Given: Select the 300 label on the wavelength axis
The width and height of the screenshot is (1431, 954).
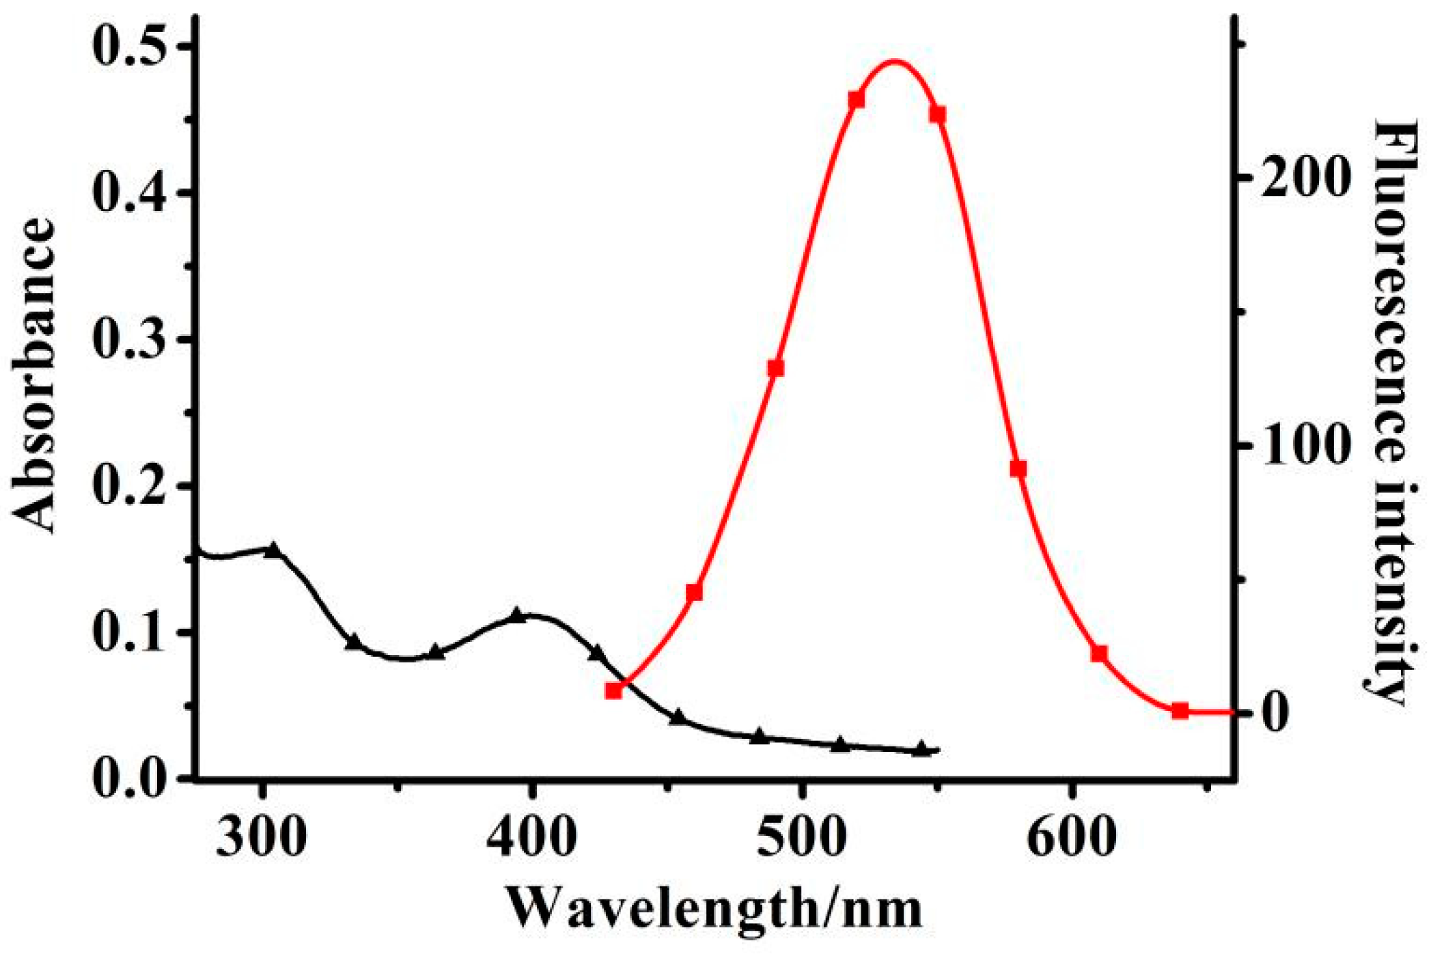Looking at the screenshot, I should pos(262,837).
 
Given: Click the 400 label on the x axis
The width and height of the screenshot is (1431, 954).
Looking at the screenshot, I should pos(531,837).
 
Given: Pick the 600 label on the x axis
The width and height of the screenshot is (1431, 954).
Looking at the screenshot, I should pos(1072,837).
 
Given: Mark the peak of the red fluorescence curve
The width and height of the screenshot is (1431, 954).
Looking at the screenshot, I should pos(895,61).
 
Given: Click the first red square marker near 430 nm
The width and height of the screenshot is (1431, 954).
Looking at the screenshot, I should pos(613,691).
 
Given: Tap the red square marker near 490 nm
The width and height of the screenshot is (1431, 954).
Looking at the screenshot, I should pos(775,369).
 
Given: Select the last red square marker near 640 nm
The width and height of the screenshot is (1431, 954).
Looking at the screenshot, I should pos(1180,711).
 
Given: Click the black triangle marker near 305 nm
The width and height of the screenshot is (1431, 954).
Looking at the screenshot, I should pos(273,550).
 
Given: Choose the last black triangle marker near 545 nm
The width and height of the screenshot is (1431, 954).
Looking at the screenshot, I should pos(921,749).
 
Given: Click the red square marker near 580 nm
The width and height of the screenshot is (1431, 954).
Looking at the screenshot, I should pos(1018,468).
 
